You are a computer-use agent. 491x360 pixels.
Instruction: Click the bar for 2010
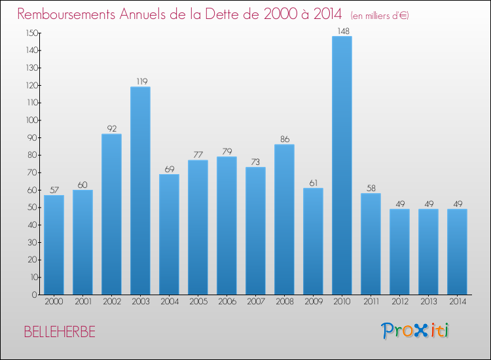[342, 165]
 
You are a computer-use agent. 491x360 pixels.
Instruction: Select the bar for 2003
[140, 190]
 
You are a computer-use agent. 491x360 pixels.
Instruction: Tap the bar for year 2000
[54, 245]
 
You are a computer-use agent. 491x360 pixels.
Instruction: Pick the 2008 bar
[284, 219]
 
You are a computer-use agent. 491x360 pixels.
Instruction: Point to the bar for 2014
[457, 251]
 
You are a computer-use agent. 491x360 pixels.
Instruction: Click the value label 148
[342, 31]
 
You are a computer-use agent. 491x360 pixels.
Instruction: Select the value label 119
[140, 82]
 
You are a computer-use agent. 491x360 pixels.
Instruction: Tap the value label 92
[111, 129]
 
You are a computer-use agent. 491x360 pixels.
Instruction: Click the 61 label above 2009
[313, 183]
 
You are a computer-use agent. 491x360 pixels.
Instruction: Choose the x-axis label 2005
[198, 302]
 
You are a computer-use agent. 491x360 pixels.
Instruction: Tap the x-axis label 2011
[371, 302]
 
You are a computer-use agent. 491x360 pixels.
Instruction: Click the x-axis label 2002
[111, 302]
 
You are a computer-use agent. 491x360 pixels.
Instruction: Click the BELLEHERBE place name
[60, 332]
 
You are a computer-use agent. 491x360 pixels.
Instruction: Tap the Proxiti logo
[416, 331]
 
